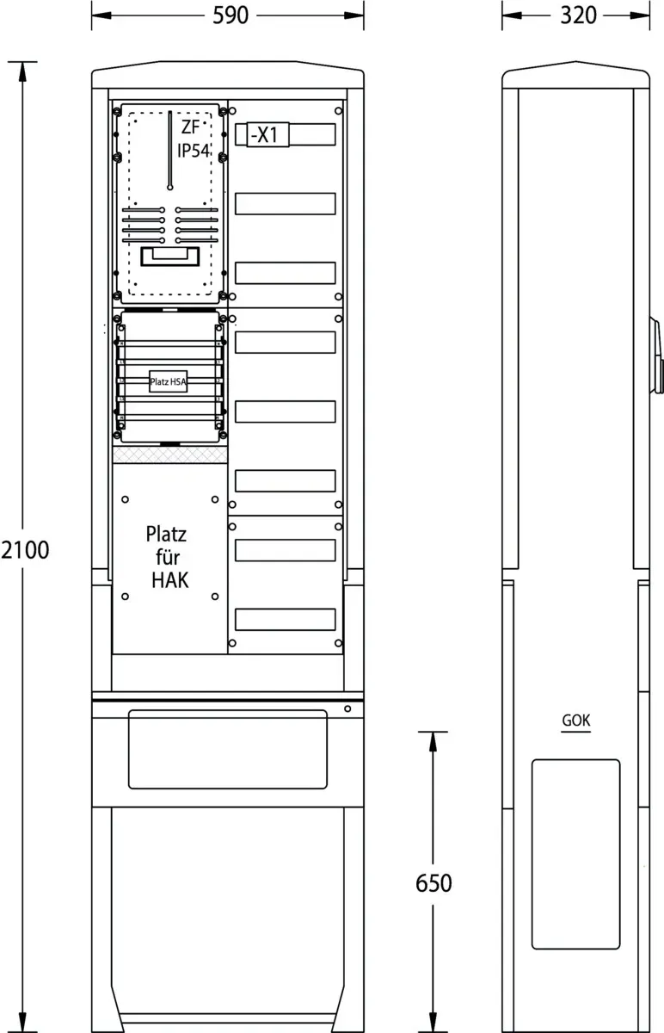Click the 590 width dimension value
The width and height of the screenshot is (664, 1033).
231,15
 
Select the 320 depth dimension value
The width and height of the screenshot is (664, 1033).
578,15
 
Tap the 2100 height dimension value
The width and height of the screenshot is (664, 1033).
25,550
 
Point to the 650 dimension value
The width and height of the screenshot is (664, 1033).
433,883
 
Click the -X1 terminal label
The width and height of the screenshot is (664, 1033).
265,134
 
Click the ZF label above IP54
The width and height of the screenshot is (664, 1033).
190,127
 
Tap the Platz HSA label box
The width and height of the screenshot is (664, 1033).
169,381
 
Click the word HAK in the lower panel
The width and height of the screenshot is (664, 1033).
170,580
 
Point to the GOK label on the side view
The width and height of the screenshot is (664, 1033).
576,721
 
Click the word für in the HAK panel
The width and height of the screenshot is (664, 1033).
168,557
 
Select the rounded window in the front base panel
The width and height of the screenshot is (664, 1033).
228,750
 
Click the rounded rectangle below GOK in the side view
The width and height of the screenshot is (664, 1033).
576,854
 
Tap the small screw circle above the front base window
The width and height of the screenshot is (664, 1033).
347,708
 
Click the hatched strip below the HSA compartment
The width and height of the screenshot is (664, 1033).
170,455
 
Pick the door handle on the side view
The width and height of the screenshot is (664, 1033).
657,355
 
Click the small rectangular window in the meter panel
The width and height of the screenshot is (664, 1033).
170,257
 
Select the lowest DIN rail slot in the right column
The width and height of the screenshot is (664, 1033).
286,619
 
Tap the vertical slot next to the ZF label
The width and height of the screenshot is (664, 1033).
170,151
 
